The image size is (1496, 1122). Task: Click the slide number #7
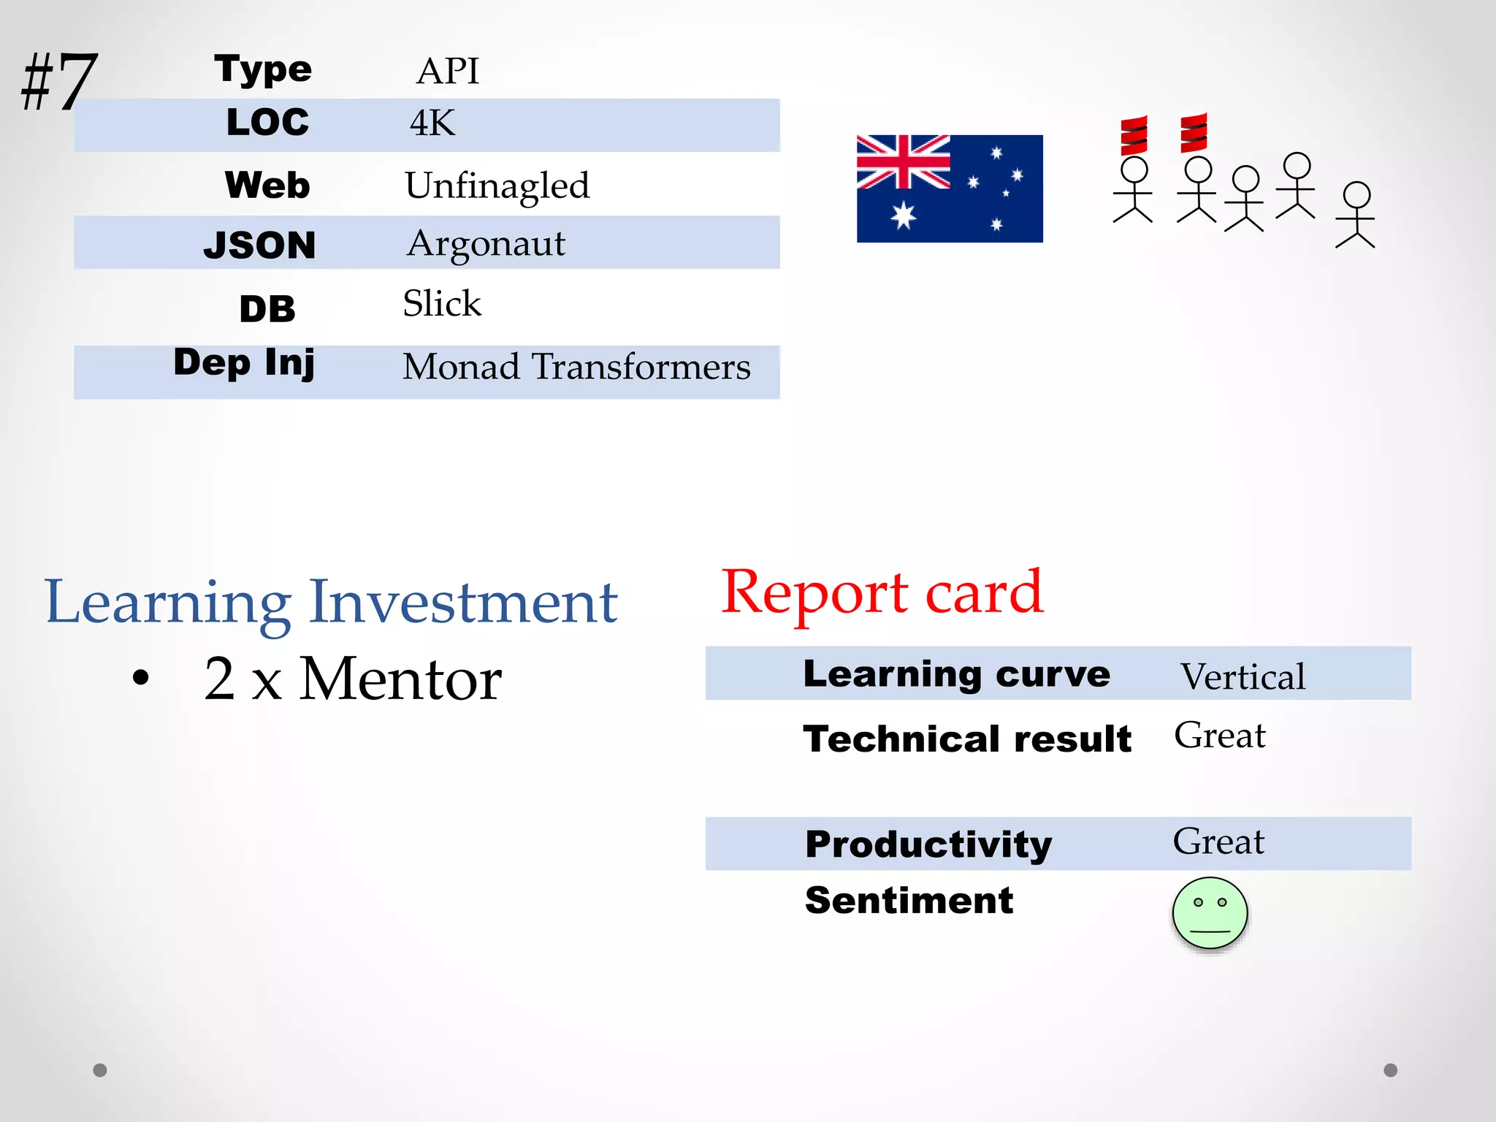pos(58,81)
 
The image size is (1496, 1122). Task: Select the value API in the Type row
pos(447,72)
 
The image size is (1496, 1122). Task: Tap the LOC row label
pos(267,123)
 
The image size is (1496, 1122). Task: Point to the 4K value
pos(432,123)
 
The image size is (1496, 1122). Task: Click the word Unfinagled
pos(497,186)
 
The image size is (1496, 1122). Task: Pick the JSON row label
pos(259,245)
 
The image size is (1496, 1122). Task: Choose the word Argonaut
pos(486,244)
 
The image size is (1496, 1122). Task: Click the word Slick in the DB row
pos(442,303)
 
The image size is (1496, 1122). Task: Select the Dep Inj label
pos(244,362)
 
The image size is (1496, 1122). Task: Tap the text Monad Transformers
pos(576,366)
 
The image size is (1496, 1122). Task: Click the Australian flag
pos(949,188)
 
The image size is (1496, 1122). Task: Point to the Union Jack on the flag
pos(904,162)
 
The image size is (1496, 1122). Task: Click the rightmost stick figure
pos(1356,215)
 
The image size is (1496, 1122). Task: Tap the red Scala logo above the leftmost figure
pos(1134,135)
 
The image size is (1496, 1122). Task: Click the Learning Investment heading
pos(331,603)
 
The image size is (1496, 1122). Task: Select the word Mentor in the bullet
pos(400,679)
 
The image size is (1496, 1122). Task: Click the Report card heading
pos(882,593)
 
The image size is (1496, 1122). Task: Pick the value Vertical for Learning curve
pos(1242,676)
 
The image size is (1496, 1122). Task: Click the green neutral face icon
pos(1210,913)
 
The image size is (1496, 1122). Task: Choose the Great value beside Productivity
pos(1218,841)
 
